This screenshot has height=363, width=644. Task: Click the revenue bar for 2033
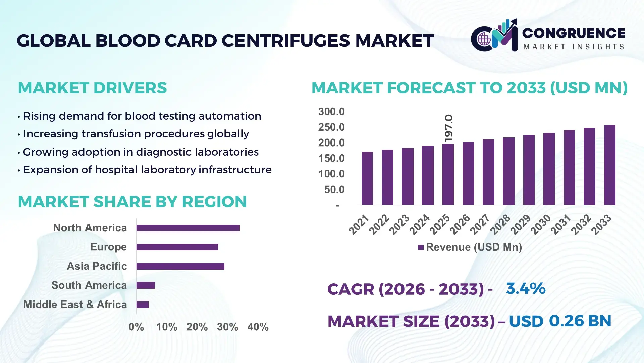(609, 165)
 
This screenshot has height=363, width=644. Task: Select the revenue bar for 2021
(367, 178)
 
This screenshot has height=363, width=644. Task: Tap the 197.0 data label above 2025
(448, 128)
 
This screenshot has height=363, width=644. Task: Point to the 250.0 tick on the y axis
(331, 127)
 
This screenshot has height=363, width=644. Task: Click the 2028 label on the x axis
(500, 225)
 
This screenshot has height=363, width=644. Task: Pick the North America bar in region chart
(188, 228)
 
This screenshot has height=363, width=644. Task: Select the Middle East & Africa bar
(142, 305)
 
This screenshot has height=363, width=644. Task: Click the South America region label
(89, 285)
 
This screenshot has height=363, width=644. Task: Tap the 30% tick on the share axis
(227, 327)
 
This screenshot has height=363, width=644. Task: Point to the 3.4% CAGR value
(526, 289)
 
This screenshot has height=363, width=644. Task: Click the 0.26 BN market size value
(580, 321)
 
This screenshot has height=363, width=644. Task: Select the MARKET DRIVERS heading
(92, 88)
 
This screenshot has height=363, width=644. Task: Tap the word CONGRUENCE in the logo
(573, 33)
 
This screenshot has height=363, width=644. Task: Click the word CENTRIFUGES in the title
(286, 41)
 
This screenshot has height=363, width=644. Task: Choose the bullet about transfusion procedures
(136, 134)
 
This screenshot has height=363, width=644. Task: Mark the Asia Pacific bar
(180, 266)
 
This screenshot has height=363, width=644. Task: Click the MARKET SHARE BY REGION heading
(132, 202)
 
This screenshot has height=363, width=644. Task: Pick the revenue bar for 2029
(529, 170)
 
